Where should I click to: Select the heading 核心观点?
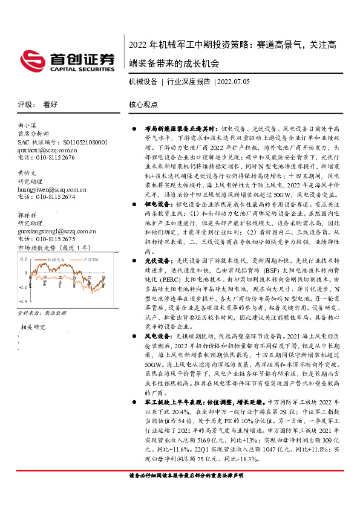pos(143,104)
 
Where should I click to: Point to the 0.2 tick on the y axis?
pos(22,259)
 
